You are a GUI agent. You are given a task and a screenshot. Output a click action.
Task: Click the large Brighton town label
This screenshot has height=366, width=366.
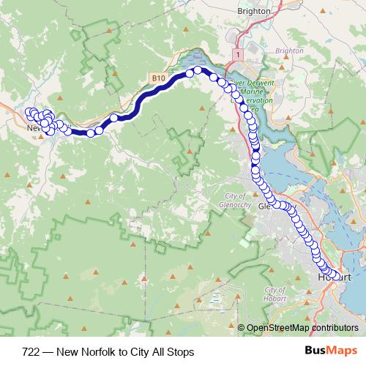point(255,12)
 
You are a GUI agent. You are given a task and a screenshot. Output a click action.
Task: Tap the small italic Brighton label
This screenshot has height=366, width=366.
point(289,51)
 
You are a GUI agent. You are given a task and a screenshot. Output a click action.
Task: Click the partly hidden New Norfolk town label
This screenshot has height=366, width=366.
point(33,128)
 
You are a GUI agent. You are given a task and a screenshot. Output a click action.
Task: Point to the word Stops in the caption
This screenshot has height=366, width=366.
point(180,352)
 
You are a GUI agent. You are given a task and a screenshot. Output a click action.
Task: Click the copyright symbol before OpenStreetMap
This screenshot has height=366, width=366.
point(241,327)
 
